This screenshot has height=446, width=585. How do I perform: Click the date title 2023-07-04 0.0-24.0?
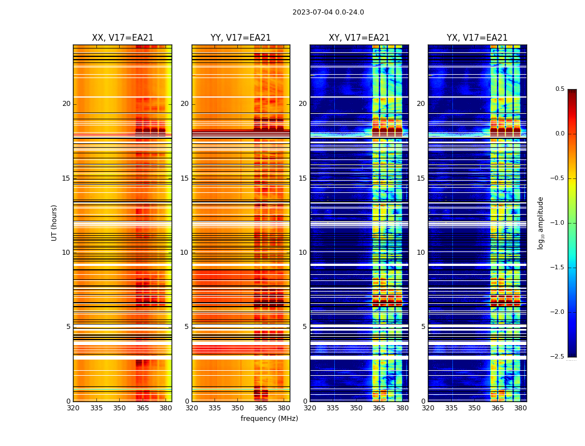click(x=328, y=12)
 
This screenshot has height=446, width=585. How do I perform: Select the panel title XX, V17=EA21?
click(x=123, y=38)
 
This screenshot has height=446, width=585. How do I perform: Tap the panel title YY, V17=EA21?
click(x=241, y=38)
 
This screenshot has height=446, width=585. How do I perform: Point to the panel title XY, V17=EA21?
click(x=359, y=38)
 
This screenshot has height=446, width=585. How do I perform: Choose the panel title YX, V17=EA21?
click(x=477, y=38)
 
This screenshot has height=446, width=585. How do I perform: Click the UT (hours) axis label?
click(x=55, y=222)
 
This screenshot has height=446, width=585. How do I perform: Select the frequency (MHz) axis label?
click(x=269, y=419)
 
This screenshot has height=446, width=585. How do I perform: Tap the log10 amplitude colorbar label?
click(x=540, y=222)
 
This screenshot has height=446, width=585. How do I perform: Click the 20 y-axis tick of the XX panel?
click(x=66, y=104)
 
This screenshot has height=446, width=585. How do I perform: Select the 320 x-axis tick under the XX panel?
click(x=73, y=408)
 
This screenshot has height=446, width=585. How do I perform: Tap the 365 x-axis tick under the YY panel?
click(x=261, y=408)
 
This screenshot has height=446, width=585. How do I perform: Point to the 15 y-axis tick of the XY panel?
click(x=303, y=178)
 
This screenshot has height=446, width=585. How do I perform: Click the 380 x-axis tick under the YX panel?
click(x=520, y=408)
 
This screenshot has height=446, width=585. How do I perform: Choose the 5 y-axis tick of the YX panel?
click(x=423, y=327)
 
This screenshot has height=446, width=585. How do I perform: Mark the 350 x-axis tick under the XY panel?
click(x=356, y=408)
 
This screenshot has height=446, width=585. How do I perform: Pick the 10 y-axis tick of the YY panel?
click(x=184, y=253)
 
